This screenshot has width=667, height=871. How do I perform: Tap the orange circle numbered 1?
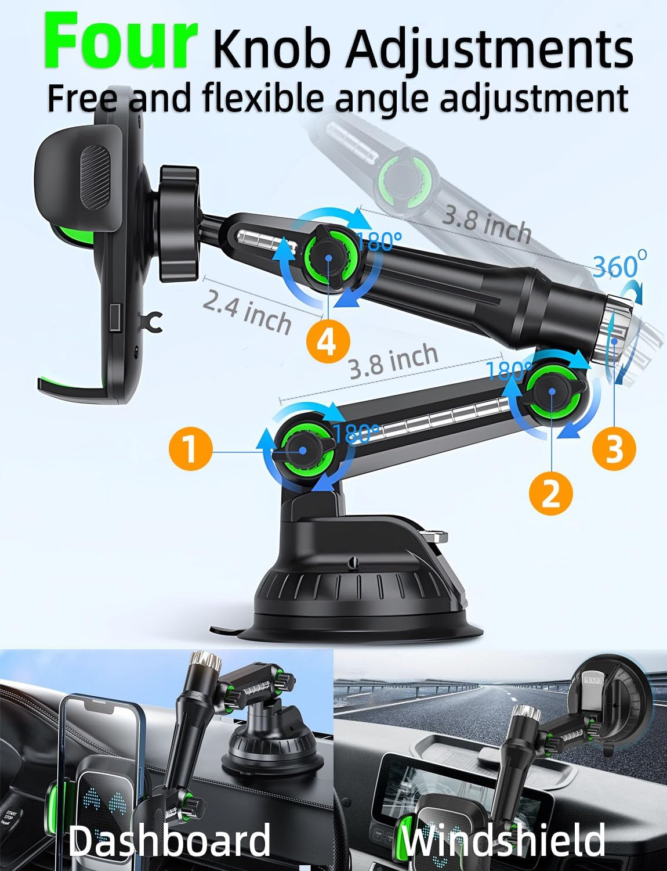(x=191, y=450)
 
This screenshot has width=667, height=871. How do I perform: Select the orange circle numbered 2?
(x=550, y=493)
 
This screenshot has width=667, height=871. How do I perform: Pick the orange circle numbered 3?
(x=614, y=448)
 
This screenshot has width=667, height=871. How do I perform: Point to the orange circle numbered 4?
(x=326, y=341)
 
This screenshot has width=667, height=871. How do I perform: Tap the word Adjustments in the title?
(x=488, y=51)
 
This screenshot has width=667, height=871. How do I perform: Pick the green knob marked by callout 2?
(x=551, y=391)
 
